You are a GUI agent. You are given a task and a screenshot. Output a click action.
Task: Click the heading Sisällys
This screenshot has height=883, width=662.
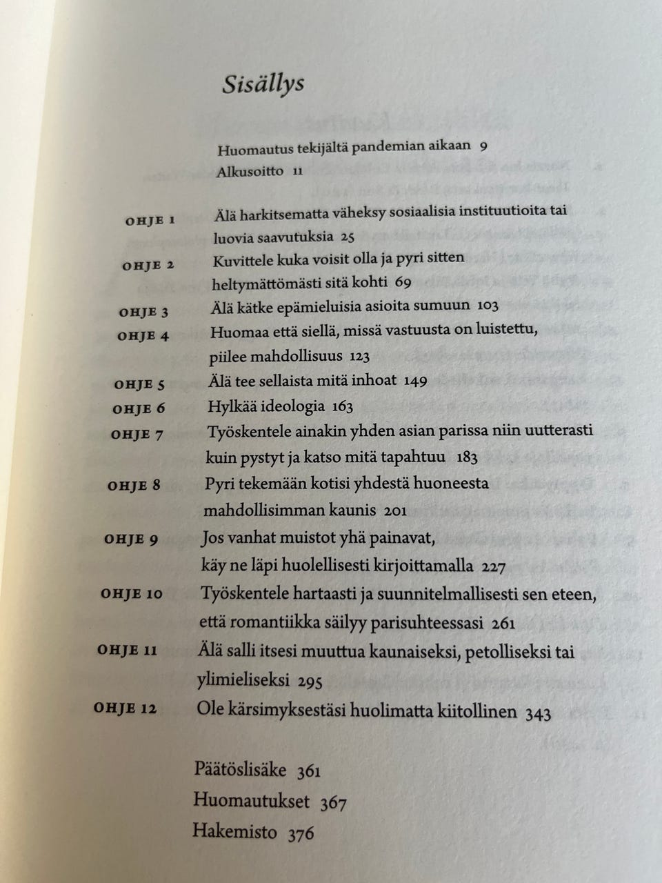point(263,84)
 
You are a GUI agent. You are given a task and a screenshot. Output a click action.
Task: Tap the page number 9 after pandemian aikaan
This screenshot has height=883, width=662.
point(483,146)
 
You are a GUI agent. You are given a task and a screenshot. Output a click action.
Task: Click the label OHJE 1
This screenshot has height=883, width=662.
point(150,221)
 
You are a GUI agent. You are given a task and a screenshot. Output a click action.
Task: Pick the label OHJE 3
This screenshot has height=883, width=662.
point(143,312)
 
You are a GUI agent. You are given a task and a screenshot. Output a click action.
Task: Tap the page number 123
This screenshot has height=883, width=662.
point(359,357)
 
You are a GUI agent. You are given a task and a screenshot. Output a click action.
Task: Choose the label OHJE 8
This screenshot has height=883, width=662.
point(134,486)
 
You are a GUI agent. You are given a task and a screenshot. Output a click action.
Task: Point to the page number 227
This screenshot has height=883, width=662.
point(494,567)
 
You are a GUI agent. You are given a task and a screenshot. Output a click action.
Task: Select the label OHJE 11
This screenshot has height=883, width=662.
point(128,650)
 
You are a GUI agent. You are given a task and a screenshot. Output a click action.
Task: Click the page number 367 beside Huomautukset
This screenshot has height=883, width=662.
point(333,802)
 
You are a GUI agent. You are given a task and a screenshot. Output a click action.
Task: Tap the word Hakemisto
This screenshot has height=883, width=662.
point(234,831)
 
